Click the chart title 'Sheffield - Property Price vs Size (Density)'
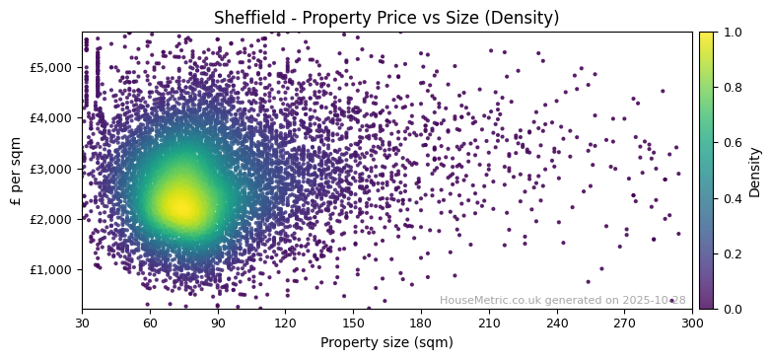click(x=386, y=18)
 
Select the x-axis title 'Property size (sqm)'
click(x=386, y=342)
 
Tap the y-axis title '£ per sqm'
click(x=16, y=171)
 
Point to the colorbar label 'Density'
click(x=755, y=171)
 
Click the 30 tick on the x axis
click(x=82, y=323)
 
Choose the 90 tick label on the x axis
click(x=218, y=323)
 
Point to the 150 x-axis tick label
click(x=353, y=323)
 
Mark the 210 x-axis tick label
click(x=489, y=323)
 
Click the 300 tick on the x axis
click(x=692, y=323)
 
